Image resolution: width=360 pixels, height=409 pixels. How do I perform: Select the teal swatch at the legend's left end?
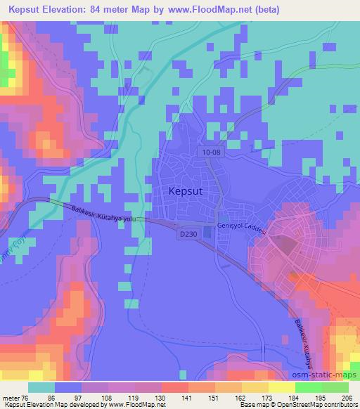pyautogui.click(x=41, y=388)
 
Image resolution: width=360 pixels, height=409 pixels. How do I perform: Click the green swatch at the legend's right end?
pyautogui.click(x=335, y=388)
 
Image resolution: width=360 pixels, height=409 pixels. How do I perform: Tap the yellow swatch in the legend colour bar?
pyautogui.click(x=281, y=388)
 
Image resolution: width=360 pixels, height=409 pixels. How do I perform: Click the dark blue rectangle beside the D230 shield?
pyautogui.click(x=208, y=233)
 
